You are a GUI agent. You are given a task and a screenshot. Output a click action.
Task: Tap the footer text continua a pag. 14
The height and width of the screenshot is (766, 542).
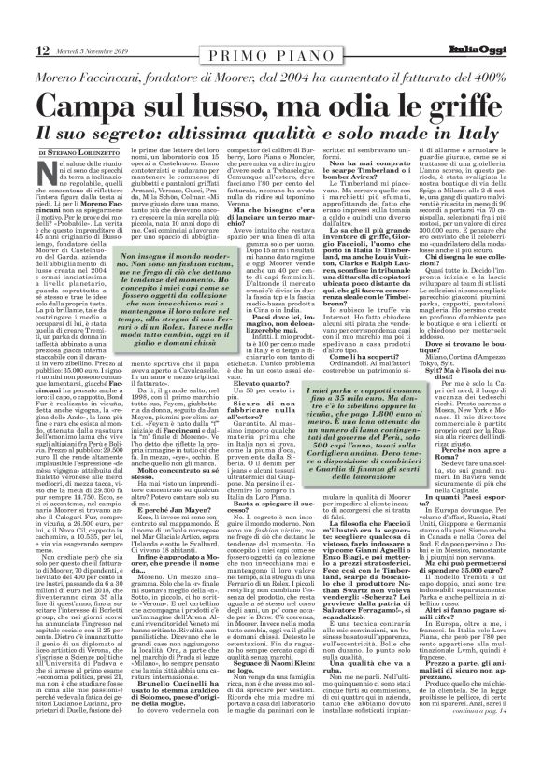(494, 737)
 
